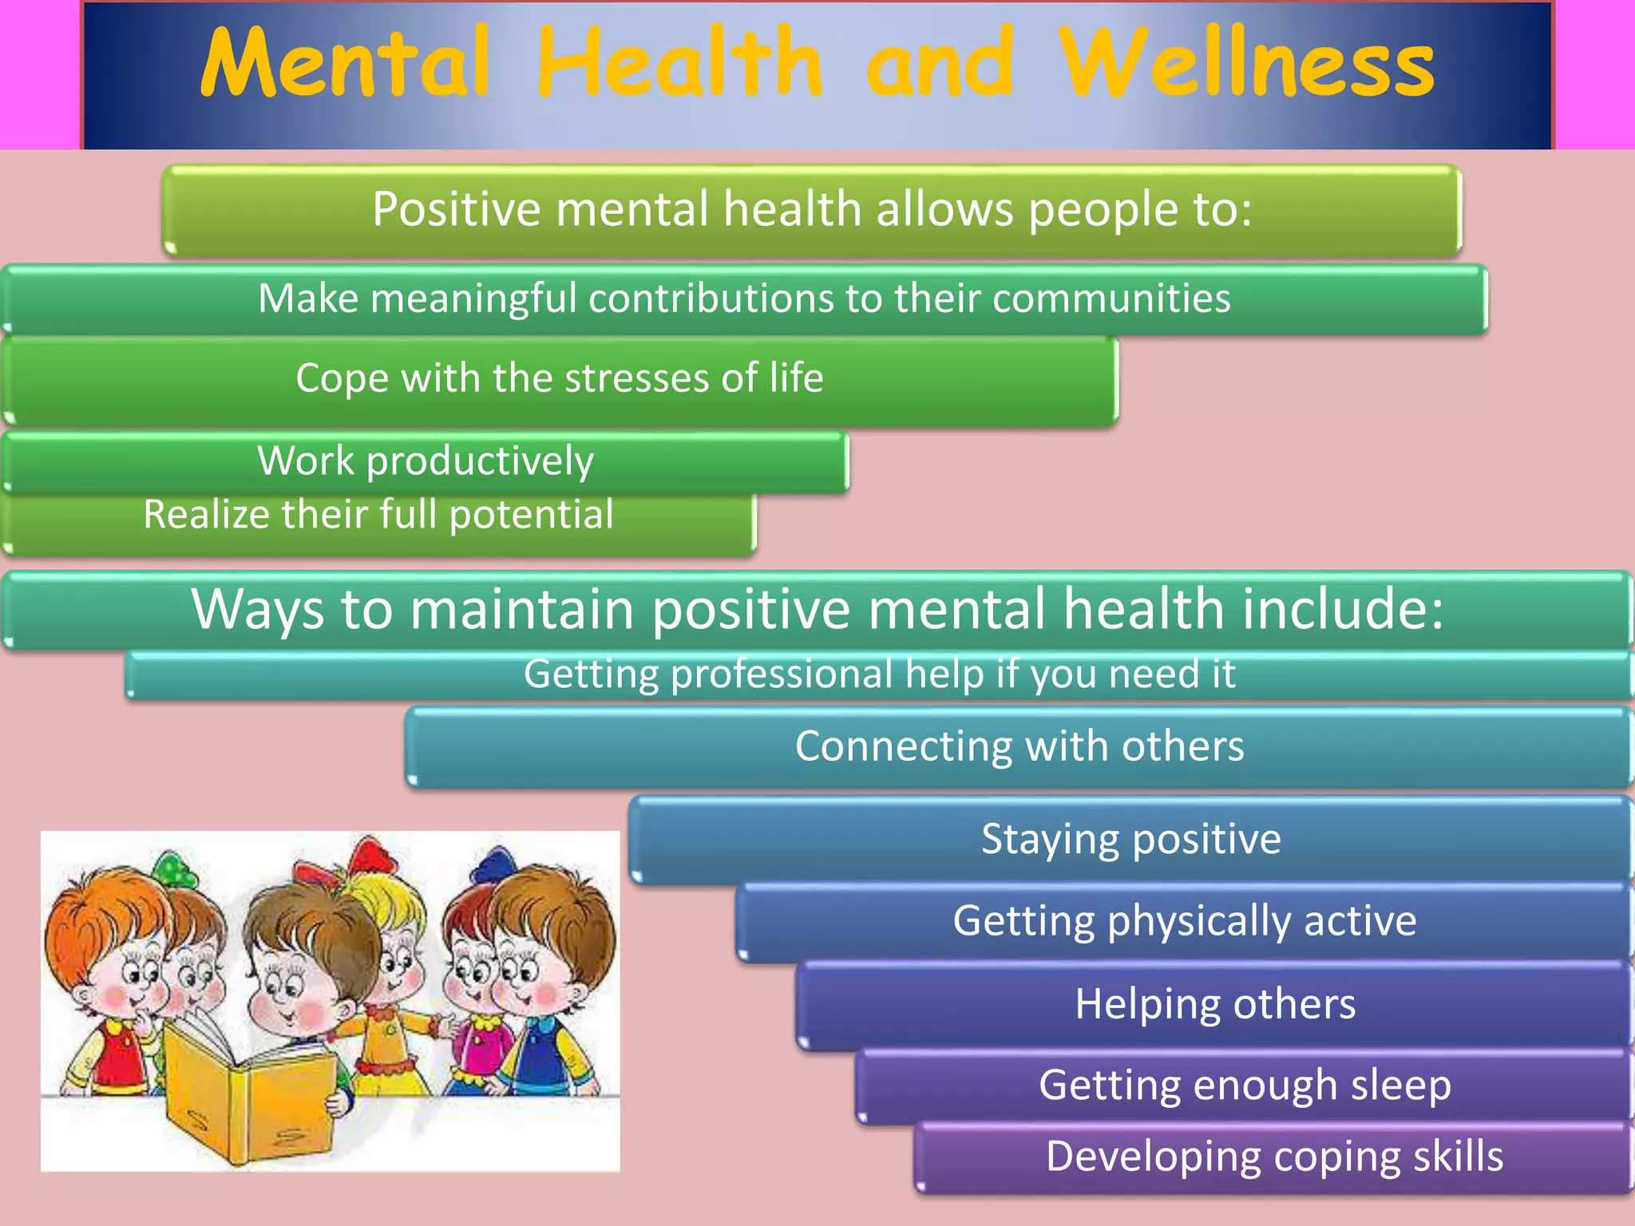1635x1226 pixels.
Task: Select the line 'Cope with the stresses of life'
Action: [x=559, y=378]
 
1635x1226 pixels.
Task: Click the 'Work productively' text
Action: [x=426, y=461]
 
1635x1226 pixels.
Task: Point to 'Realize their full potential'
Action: [x=378, y=514]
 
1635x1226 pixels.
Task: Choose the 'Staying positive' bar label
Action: [x=1130, y=839]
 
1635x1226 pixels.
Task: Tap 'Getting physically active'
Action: [x=1184, y=920]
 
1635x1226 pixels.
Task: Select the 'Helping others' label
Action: [x=1214, y=1003]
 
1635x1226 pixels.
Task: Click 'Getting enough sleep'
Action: [x=1245, y=1085]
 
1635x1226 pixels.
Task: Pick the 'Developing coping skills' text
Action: [x=1274, y=1156]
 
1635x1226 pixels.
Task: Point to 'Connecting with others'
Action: [x=1019, y=746]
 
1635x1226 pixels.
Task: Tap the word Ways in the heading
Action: [x=258, y=609]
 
